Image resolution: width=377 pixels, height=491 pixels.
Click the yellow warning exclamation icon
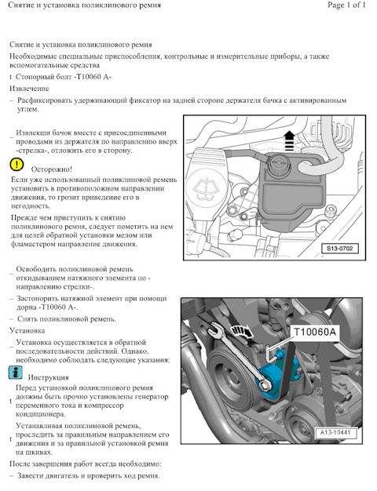16,165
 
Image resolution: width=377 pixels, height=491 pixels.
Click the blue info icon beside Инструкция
16,373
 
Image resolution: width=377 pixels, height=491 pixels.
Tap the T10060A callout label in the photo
315,332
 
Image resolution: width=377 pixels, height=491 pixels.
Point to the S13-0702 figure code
339,249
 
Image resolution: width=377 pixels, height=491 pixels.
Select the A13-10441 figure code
335,433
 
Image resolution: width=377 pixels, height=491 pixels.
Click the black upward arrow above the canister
288,141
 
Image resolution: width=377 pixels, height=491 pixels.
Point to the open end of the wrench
215,329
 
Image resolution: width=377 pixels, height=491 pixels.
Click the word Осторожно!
51,169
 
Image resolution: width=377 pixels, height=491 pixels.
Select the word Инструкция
48,377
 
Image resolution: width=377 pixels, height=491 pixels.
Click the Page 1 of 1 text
346,5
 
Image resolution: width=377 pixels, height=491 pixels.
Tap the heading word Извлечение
30,89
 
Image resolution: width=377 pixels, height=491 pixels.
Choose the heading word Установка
27,331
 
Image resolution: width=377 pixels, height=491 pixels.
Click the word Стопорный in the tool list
34,77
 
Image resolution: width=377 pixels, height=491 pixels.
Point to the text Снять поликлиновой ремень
67,319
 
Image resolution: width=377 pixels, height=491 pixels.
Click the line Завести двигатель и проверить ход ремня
89,476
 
